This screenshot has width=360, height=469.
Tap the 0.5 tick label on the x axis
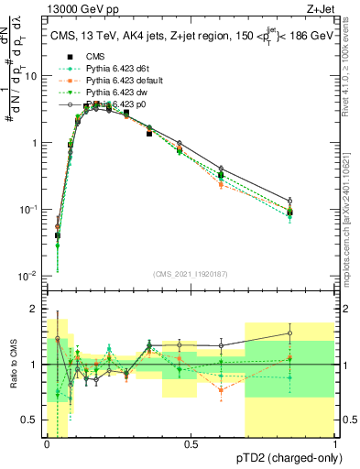(x=191, y=444)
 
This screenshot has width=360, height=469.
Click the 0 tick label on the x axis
(x=47, y=444)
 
